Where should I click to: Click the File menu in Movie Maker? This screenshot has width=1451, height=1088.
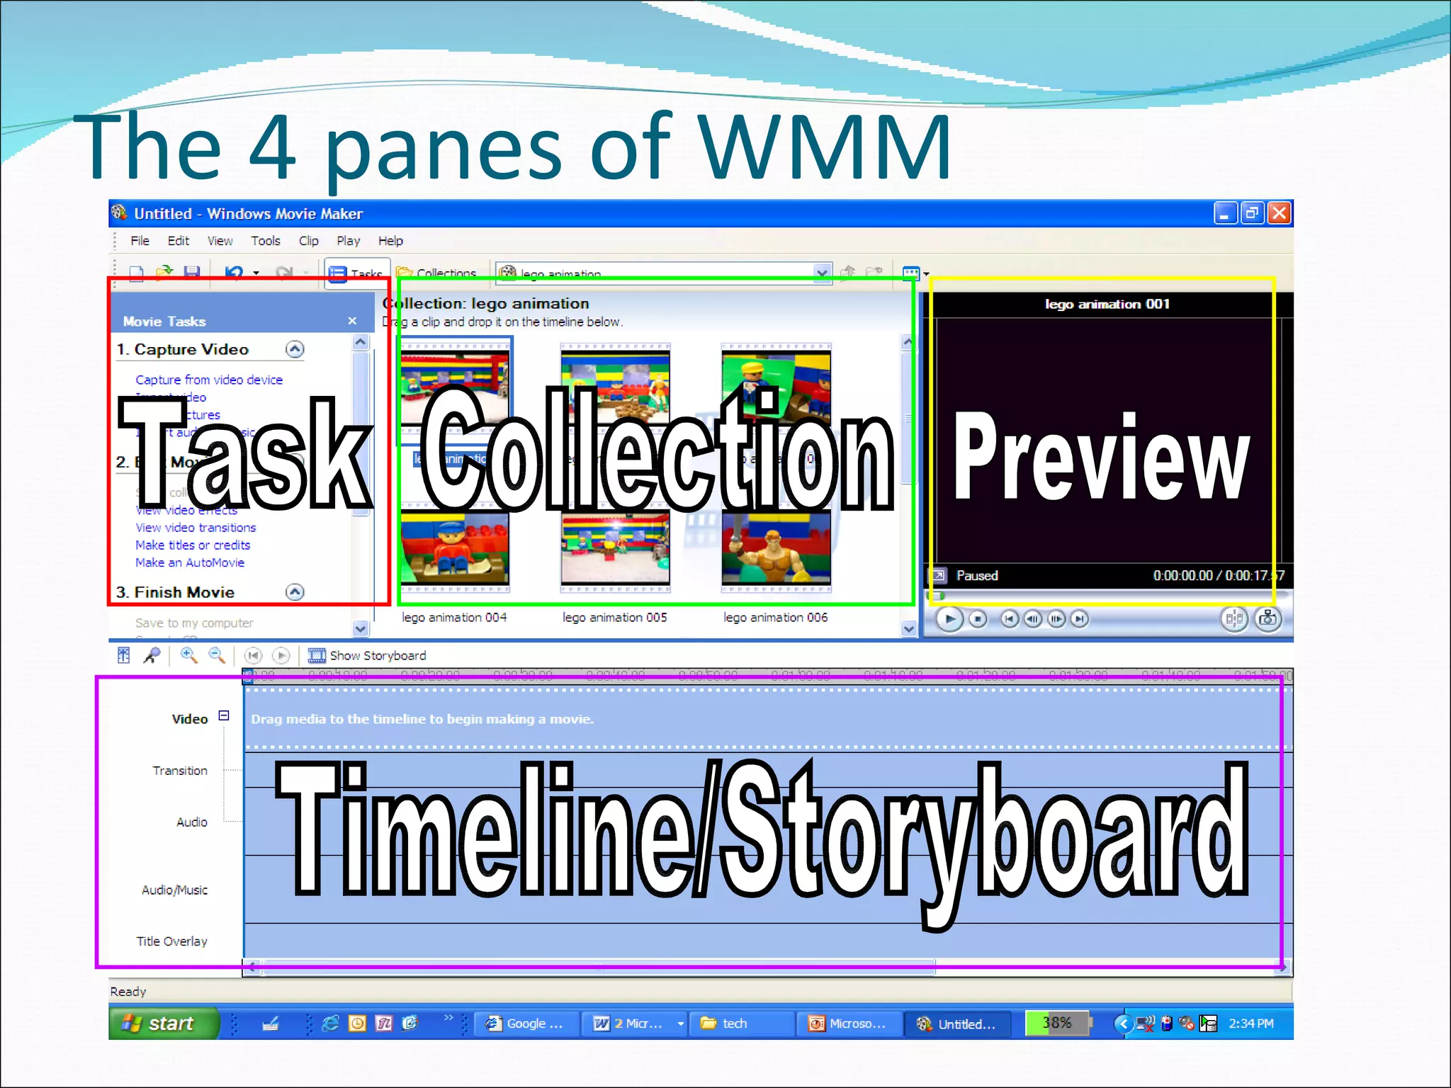[140, 241]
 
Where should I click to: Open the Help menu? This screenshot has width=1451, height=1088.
[390, 241]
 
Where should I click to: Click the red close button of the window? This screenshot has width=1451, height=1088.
[1279, 213]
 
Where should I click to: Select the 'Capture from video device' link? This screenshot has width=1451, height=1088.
[209, 380]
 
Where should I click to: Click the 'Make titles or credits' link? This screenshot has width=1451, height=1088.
[193, 545]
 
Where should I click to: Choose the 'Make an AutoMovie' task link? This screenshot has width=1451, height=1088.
[190, 562]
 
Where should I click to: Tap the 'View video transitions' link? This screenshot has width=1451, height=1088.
[196, 528]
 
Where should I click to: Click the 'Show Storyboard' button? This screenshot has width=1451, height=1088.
[377, 656]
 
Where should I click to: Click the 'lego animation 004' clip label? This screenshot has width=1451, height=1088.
[454, 618]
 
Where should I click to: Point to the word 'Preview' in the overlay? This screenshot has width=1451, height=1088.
[1101, 457]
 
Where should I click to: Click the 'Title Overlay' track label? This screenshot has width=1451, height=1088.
[171, 941]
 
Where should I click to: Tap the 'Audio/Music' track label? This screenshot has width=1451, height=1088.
[174, 890]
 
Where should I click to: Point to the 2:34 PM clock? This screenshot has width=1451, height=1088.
[1250, 1024]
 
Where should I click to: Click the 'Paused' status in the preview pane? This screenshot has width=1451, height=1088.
[976, 576]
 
